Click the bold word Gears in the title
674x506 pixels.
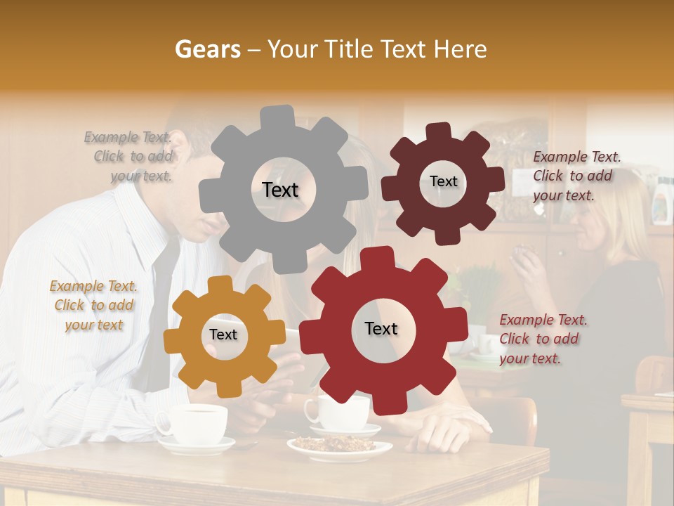click(x=207, y=49)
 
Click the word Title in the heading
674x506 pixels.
click(x=348, y=49)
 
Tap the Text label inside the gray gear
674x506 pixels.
click(x=280, y=190)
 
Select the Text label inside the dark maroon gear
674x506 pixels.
click(x=443, y=181)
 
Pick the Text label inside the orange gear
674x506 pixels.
click(x=223, y=335)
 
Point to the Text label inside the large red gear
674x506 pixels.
click(x=381, y=328)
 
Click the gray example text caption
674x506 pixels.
click(x=128, y=156)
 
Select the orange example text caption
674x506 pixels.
click(x=93, y=305)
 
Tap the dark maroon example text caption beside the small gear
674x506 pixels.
click(x=576, y=176)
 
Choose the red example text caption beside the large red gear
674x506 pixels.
click(x=543, y=339)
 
